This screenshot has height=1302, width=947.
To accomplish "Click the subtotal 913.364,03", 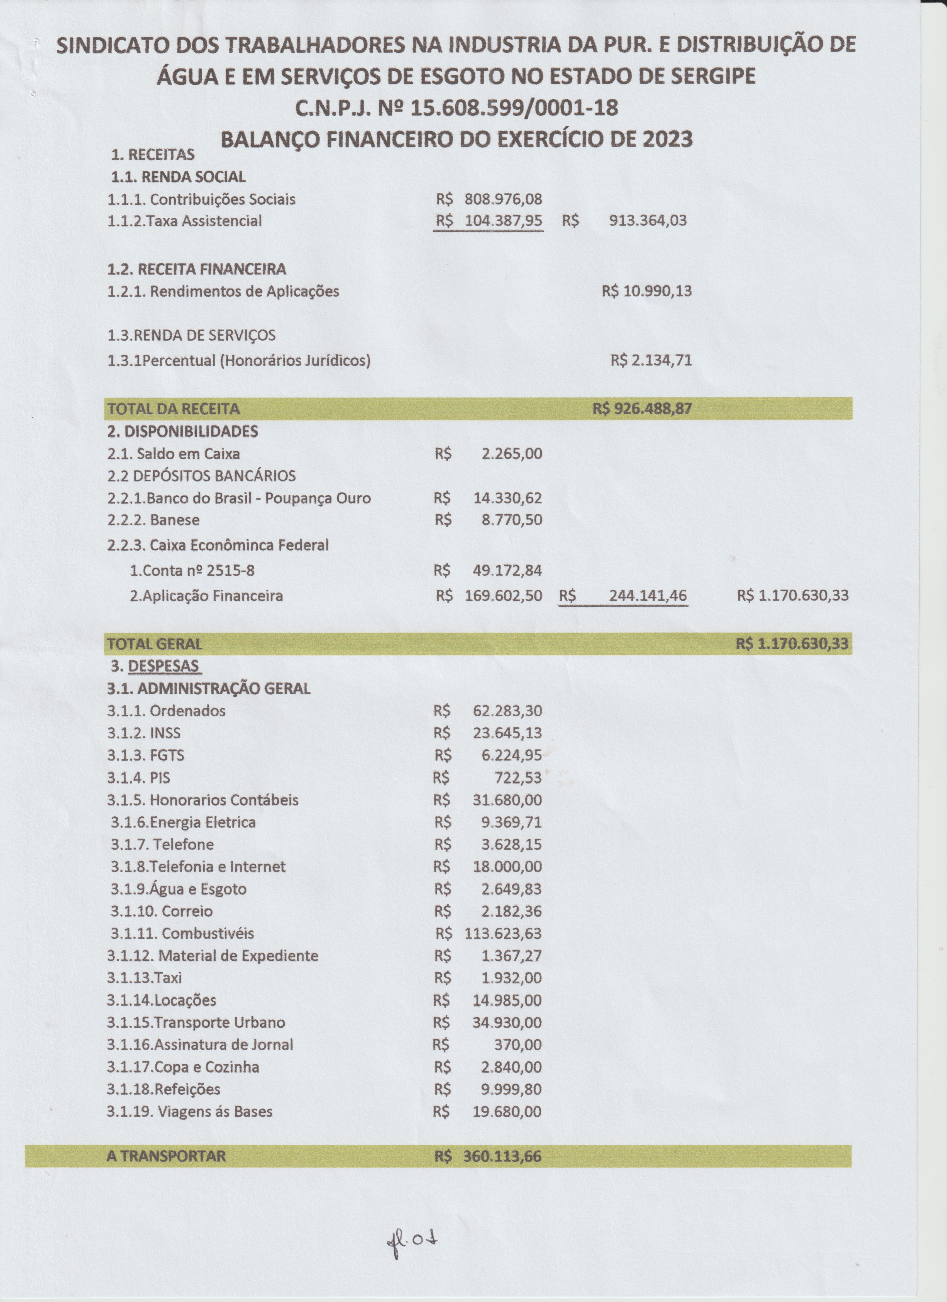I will pos(648,221).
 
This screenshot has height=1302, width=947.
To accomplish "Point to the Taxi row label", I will pos(144,978).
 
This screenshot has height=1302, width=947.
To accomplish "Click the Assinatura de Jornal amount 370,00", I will pos(518,1045).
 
